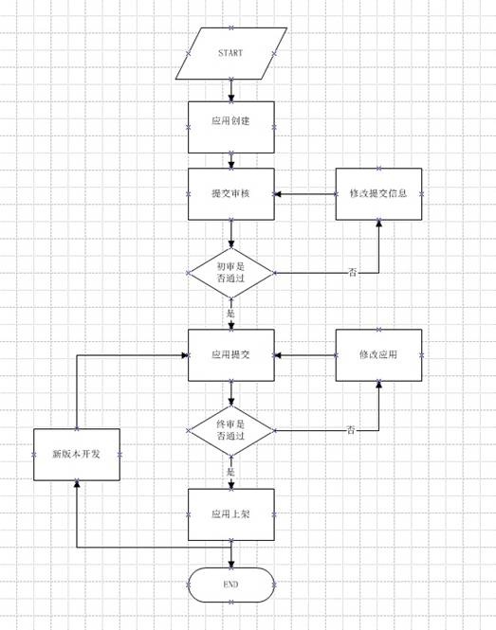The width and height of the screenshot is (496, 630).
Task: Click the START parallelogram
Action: click(x=231, y=53)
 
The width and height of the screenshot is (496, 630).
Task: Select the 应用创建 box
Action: click(x=231, y=127)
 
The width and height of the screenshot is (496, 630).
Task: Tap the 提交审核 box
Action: click(x=231, y=194)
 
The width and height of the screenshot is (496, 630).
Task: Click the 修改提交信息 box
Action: click(x=378, y=194)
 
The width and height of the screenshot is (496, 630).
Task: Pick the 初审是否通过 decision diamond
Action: click(x=231, y=273)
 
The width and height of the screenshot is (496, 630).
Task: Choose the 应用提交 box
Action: click(x=231, y=355)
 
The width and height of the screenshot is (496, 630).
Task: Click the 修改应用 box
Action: click(x=378, y=355)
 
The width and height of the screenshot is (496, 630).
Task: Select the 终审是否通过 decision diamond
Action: click(x=231, y=430)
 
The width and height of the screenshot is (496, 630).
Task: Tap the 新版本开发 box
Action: click(x=77, y=455)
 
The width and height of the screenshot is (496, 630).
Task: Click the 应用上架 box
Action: click(x=231, y=514)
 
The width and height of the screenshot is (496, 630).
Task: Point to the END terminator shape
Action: click(x=231, y=585)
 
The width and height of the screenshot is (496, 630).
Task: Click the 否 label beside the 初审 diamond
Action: click(x=353, y=273)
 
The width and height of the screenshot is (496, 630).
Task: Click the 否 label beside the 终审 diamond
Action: click(x=351, y=430)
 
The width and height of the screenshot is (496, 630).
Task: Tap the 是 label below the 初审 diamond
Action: click(x=230, y=314)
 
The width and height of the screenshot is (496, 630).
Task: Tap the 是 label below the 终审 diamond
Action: click(x=230, y=472)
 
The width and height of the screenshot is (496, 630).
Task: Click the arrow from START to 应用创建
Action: click(x=231, y=90)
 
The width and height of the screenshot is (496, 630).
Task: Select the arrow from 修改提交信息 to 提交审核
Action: click(x=305, y=194)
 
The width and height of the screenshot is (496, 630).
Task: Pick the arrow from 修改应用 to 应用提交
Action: click(x=305, y=355)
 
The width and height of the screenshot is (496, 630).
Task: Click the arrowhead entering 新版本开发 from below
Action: click(x=77, y=484)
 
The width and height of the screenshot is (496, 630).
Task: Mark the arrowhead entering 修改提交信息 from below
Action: click(x=378, y=224)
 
